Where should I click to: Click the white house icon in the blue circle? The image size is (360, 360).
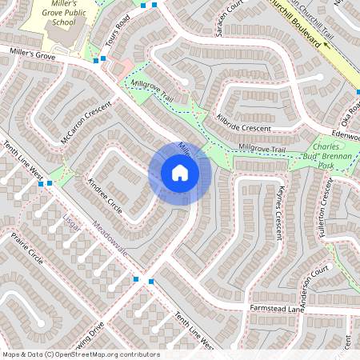point(180,173)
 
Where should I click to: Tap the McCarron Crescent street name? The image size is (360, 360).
point(86,124)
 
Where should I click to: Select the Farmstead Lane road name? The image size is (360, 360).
point(278,308)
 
